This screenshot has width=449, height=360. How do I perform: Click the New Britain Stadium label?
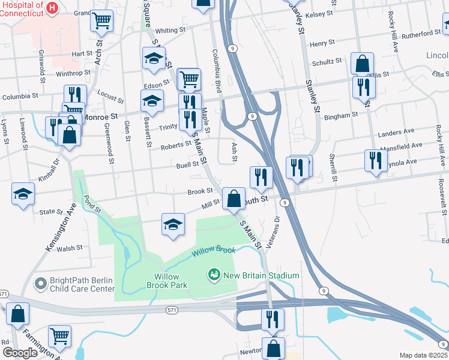tap(261, 275)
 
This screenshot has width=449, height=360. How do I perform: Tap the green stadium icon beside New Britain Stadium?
tap(213, 275)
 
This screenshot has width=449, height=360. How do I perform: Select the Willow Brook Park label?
tap(167, 281)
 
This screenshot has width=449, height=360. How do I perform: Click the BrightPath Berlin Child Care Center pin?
tap(40, 283)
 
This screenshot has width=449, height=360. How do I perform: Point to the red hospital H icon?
tap(52, 8)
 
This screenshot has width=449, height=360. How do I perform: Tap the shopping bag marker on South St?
tap(234, 198)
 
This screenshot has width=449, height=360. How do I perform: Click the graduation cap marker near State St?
tap(23, 194)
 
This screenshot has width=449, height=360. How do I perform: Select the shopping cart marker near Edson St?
tap(189, 79)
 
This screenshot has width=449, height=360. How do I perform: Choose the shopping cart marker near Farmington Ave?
tap(59, 337)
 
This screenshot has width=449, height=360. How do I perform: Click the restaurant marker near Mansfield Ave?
tap(376, 161)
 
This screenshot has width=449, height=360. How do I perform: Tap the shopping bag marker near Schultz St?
tap(363, 63)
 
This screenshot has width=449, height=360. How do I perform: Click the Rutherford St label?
tap(421, 34)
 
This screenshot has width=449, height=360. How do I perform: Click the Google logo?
tap(20, 353)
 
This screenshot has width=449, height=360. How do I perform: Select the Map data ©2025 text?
tap(423, 355)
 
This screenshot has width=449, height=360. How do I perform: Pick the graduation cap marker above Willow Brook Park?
tap(173, 225)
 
